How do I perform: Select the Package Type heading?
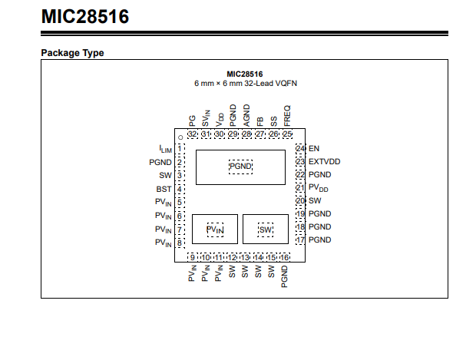[x=72, y=53]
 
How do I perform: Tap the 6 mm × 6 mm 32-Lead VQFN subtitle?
[x=245, y=82]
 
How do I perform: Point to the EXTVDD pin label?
[x=324, y=161]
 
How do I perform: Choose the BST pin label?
[x=164, y=188]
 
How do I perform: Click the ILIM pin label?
[x=165, y=148]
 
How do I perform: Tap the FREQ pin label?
[x=287, y=117]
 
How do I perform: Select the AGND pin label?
[x=246, y=116]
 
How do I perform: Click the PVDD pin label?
[x=319, y=188]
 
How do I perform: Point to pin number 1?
[x=179, y=148]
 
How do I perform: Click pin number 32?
[x=192, y=134]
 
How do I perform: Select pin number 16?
[x=285, y=257]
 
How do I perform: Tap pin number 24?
[x=300, y=148]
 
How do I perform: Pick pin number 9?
[x=192, y=257]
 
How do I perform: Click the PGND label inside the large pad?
[x=240, y=167]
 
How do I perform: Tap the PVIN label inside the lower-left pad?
[x=215, y=230]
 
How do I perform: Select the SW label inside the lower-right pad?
[x=266, y=230]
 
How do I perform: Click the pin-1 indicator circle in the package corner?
[x=180, y=137]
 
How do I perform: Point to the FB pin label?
[x=260, y=121]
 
